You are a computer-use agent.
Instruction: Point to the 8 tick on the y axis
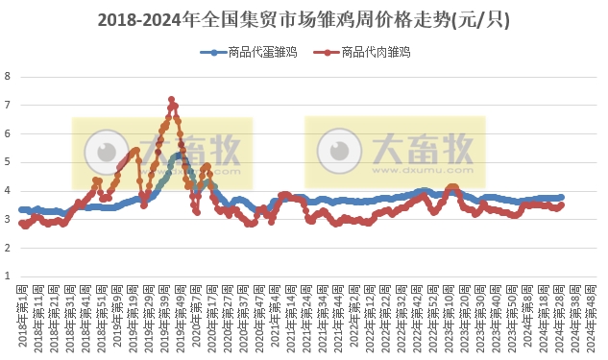coord(8,77)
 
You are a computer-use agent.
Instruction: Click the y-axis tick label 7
coord(8,106)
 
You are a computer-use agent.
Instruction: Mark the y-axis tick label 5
coord(8,162)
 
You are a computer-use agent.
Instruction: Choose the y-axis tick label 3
coord(8,220)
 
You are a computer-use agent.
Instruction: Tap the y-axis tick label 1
coord(8,276)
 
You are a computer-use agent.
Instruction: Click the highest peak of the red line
coord(171,99)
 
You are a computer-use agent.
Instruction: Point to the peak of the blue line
coord(179,155)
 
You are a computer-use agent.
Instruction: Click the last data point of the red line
coord(562,204)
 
